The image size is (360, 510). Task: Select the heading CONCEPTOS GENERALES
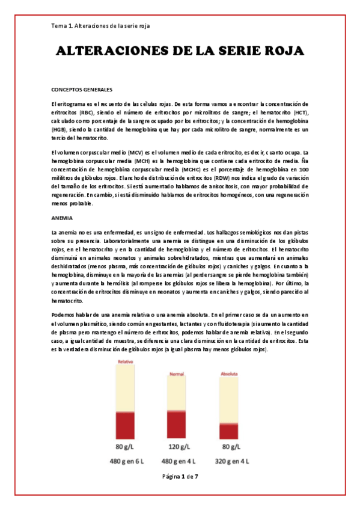point(82,90)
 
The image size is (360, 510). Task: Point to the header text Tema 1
point(61,26)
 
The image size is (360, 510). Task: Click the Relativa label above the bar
point(125,362)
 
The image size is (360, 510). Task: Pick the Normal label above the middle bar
point(176,374)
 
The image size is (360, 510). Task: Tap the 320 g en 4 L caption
point(231,461)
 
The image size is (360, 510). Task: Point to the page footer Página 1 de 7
point(180,477)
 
